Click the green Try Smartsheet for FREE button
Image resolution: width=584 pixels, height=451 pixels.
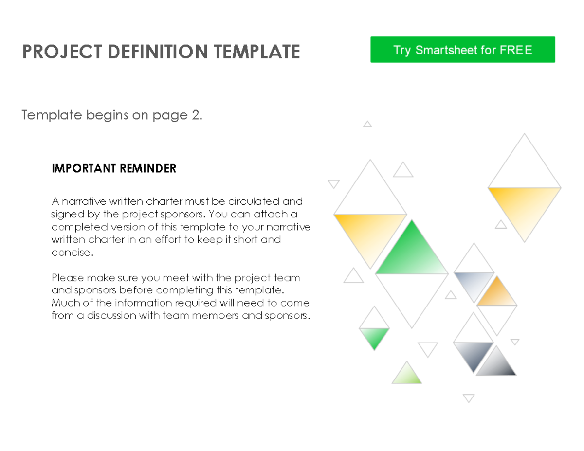462,50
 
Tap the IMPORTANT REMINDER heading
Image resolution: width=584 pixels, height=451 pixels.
113,169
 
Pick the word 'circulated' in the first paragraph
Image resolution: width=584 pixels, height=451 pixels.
249,201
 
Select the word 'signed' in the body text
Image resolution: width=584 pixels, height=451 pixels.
64,215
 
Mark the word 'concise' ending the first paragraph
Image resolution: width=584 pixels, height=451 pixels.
71,253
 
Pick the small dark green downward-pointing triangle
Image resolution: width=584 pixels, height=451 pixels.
374,336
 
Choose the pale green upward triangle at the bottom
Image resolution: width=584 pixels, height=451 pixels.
406,375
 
